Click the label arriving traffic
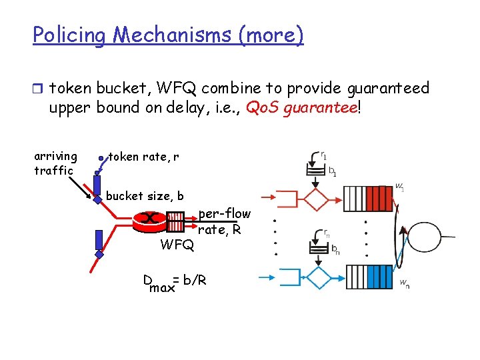(x=55, y=163)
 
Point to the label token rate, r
(x=143, y=157)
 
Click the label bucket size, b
(x=145, y=196)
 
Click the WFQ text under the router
(x=177, y=245)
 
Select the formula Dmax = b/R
(x=175, y=282)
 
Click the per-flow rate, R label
(x=224, y=222)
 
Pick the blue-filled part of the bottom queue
(x=379, y=277)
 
